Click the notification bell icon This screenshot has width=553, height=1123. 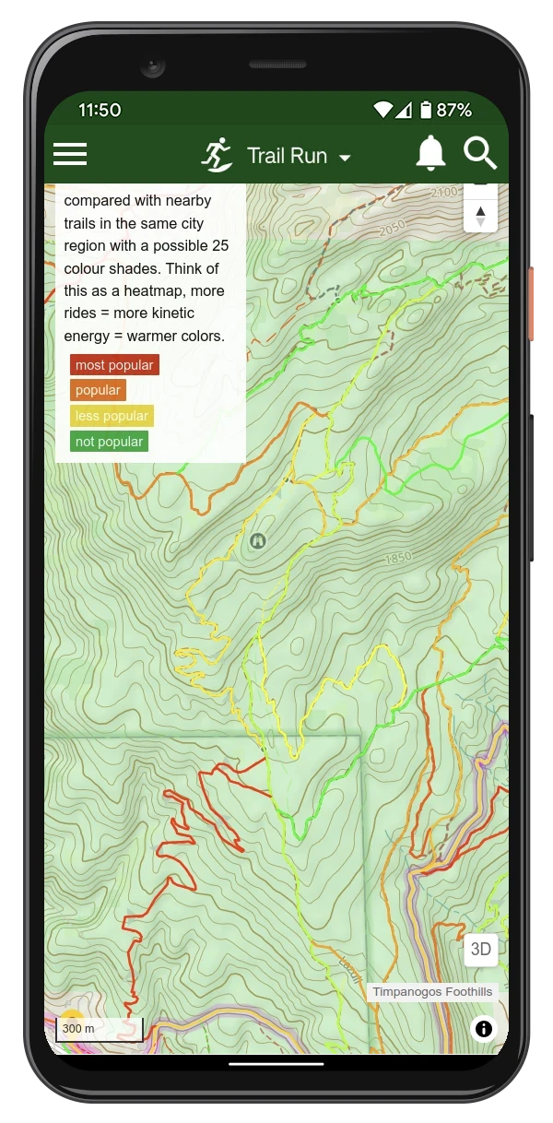coord(430,154)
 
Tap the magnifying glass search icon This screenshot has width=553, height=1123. coord(480,154)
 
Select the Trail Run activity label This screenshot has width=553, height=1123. coord(287,156)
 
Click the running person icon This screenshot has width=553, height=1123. coord(218,155)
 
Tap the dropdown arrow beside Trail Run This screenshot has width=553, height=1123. coord(345,158)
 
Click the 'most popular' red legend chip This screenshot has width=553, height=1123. coord(114,365)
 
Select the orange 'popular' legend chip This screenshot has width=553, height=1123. coord(98,390)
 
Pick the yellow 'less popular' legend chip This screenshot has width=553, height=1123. coord(112,416)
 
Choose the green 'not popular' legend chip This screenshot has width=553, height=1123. coord(109,442)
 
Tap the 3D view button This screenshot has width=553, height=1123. coord(480,949)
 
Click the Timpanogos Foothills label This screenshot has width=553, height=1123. coord(432,992)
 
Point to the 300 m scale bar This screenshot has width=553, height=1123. coord(99,1030)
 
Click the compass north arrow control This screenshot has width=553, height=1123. coord(480,216)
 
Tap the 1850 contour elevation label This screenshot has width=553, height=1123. coord(398,558)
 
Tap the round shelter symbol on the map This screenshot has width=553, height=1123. coord(257,541)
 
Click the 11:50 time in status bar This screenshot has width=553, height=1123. coord(100,110)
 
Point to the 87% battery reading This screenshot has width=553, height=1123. coord(453,110)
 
